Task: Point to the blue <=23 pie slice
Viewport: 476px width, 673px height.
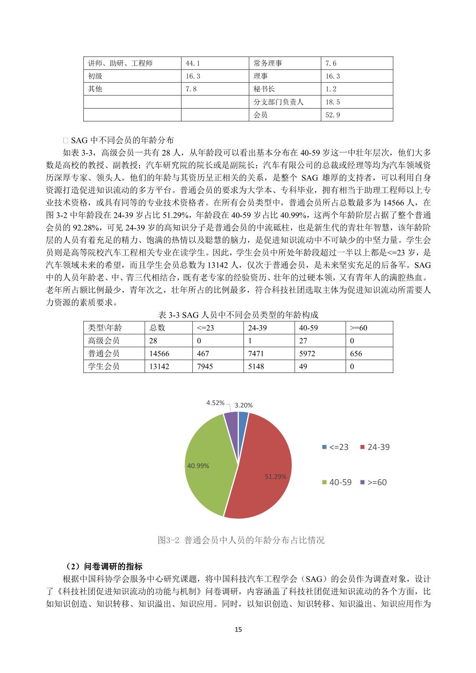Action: coord(243,418)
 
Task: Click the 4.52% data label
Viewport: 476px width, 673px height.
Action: coord(215,403)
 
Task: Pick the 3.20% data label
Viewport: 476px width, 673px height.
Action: coord(243,405)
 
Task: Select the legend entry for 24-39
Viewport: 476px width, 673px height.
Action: coord(375,447)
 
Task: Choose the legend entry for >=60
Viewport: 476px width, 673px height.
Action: coord(373,482)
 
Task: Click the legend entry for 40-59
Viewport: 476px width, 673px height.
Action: coord(337,482)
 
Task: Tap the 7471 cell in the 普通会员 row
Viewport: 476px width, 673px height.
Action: coord(256,354)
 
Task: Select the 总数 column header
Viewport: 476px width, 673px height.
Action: coord(157,328)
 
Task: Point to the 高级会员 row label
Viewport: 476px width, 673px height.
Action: coord(104,341)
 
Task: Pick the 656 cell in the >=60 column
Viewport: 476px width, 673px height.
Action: coord(356,354)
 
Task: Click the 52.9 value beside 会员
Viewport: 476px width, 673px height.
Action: coord(332,115)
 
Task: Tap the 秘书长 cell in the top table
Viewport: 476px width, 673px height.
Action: coord(264,89)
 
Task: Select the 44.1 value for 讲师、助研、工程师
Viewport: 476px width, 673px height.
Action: coord(193,63)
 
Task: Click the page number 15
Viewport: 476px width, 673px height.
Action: coord(238,629)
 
